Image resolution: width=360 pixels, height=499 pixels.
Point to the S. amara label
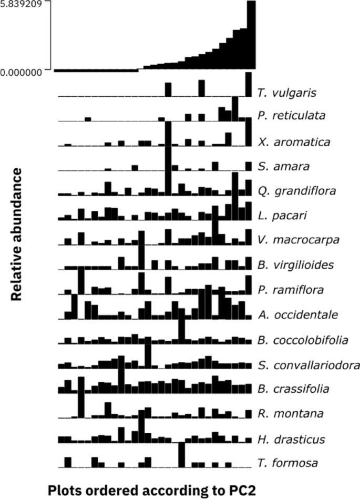(x=281, y=167)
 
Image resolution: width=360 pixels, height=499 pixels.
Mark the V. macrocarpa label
(x=291, y=240)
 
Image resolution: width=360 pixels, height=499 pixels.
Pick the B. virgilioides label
(x=295, y=265)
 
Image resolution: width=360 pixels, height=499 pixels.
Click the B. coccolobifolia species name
(x=303, y=340)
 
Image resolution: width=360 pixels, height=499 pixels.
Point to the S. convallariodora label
(x=308, y=364)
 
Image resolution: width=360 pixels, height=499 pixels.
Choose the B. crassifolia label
(x=294, y=389)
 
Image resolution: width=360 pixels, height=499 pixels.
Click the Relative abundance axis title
(x=17, y=235)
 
